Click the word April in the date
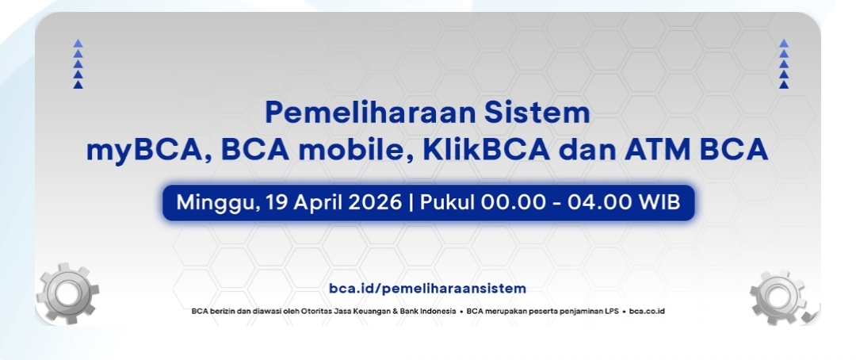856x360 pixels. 317,202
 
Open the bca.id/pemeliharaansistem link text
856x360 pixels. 427,288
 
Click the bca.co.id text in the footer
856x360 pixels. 647,311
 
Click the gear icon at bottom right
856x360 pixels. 778,296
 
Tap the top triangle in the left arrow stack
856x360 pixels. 78,43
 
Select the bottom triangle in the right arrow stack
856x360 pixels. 784,84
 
